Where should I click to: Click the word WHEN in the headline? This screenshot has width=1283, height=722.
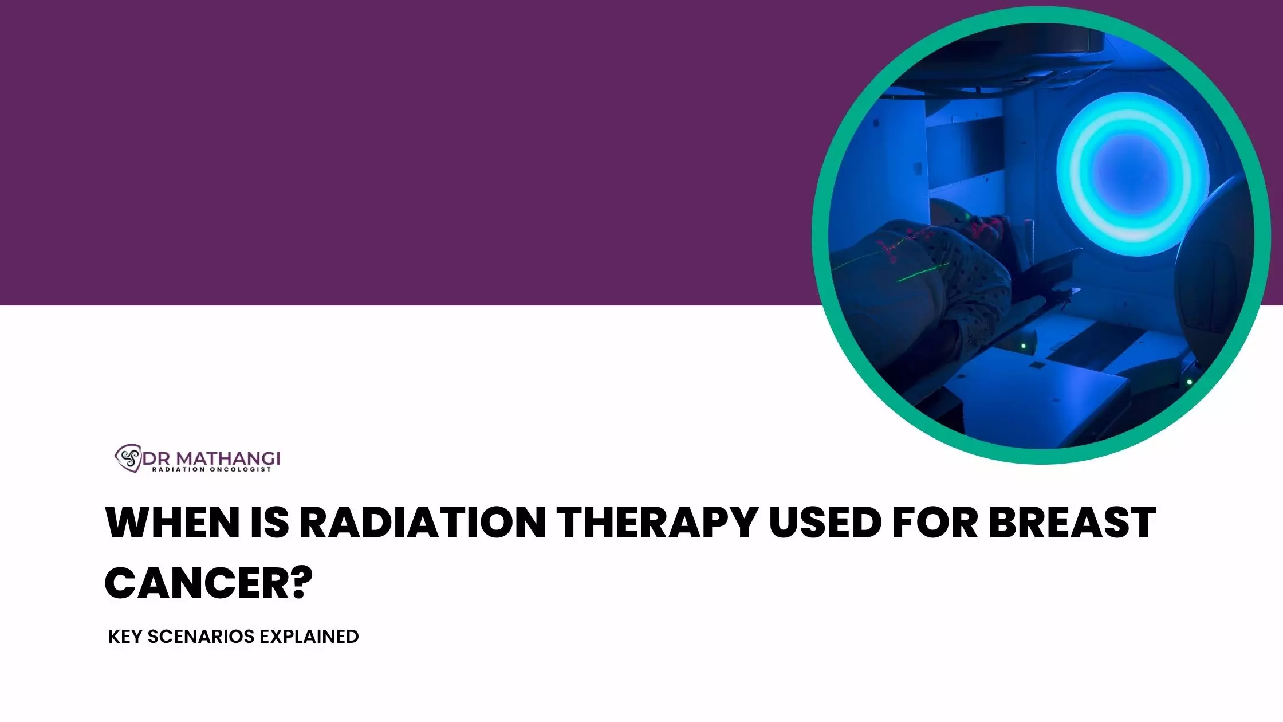point(172,523)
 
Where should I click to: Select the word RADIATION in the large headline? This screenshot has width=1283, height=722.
point(423,523)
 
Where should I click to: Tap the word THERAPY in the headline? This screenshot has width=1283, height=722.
point(658,523)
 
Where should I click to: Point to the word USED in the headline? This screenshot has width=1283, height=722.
point(825,523)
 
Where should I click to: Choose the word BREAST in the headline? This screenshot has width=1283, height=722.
point(1073,523)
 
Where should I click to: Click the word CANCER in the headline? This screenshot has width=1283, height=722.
point(194,583)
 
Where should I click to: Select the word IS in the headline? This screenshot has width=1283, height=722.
point(270,523)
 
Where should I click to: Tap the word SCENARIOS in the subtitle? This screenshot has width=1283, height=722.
point(201,637)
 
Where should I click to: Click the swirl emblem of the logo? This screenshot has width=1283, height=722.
point(128,458)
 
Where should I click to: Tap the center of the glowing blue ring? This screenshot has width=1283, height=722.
point(1132,174)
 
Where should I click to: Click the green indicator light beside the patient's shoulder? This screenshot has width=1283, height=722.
point(1023,346)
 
